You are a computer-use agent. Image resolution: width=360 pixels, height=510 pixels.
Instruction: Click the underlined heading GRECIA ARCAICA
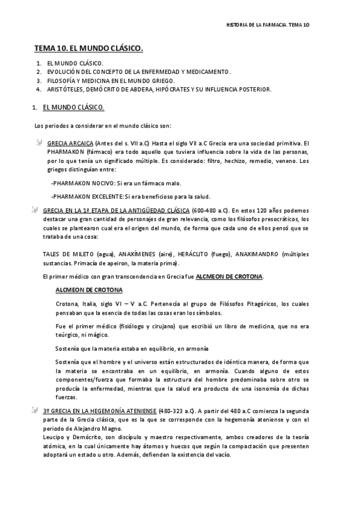[x=70, y=143]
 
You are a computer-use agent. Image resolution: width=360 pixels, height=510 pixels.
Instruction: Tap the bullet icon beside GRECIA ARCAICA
[x=39, y=143]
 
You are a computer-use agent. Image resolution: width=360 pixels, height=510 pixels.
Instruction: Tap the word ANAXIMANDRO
[x=255, y=254]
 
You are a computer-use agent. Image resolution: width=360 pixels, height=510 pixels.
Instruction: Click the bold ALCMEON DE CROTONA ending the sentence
[x=228, y=276]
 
